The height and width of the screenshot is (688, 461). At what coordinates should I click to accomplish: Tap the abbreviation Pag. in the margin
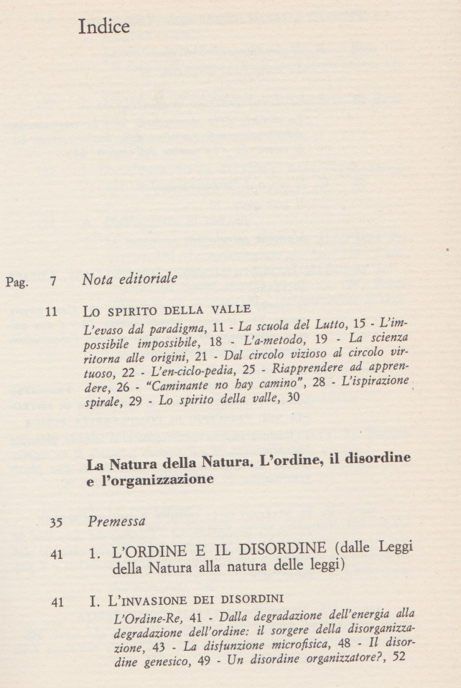[x=17, y=282]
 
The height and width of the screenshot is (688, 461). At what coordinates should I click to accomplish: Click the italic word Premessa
[x=117, y=521]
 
